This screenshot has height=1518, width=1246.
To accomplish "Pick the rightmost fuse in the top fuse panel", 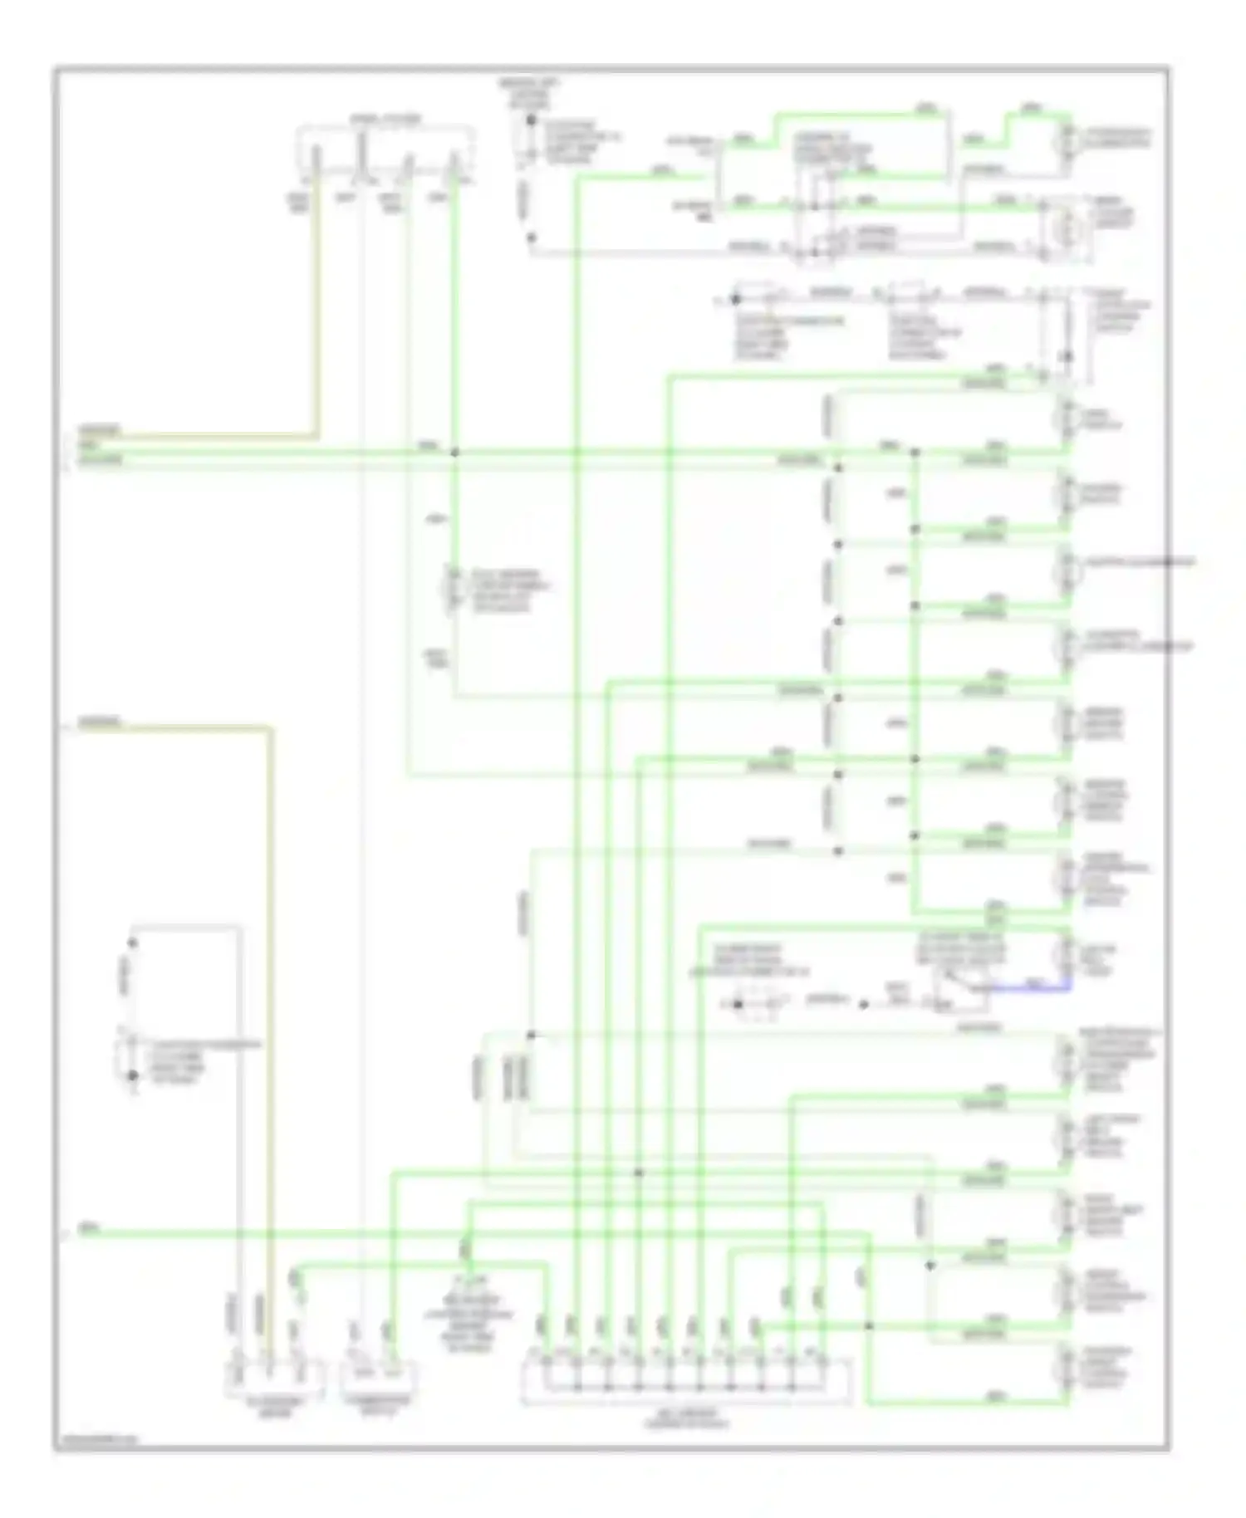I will click(454, 164).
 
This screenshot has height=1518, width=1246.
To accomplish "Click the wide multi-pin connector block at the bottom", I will click(686, 1381).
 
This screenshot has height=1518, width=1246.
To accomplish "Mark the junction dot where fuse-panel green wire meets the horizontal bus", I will click(454, 453).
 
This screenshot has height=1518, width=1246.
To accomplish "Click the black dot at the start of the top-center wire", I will click(531, 121).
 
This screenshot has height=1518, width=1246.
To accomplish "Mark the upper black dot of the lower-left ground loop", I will click(131, 943).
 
